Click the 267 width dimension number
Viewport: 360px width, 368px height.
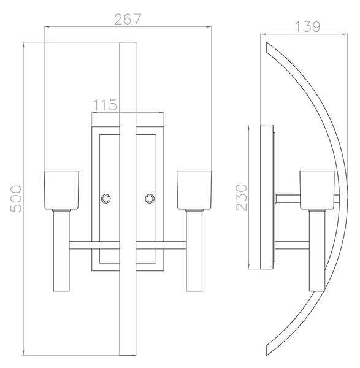point(128,19)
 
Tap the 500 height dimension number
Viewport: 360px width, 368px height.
point(16,199)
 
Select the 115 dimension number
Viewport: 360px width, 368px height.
point(105,105)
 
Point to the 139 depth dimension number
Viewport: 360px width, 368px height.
point(307,26)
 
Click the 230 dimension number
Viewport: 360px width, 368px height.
point(242,197)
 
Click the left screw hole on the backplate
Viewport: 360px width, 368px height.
point(105,199)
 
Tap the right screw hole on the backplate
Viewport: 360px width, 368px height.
point(150,199)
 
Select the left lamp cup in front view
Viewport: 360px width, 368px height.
point(61,190)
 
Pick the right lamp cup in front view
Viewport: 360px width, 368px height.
point(194,190)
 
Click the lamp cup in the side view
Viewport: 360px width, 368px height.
point(317,190)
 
